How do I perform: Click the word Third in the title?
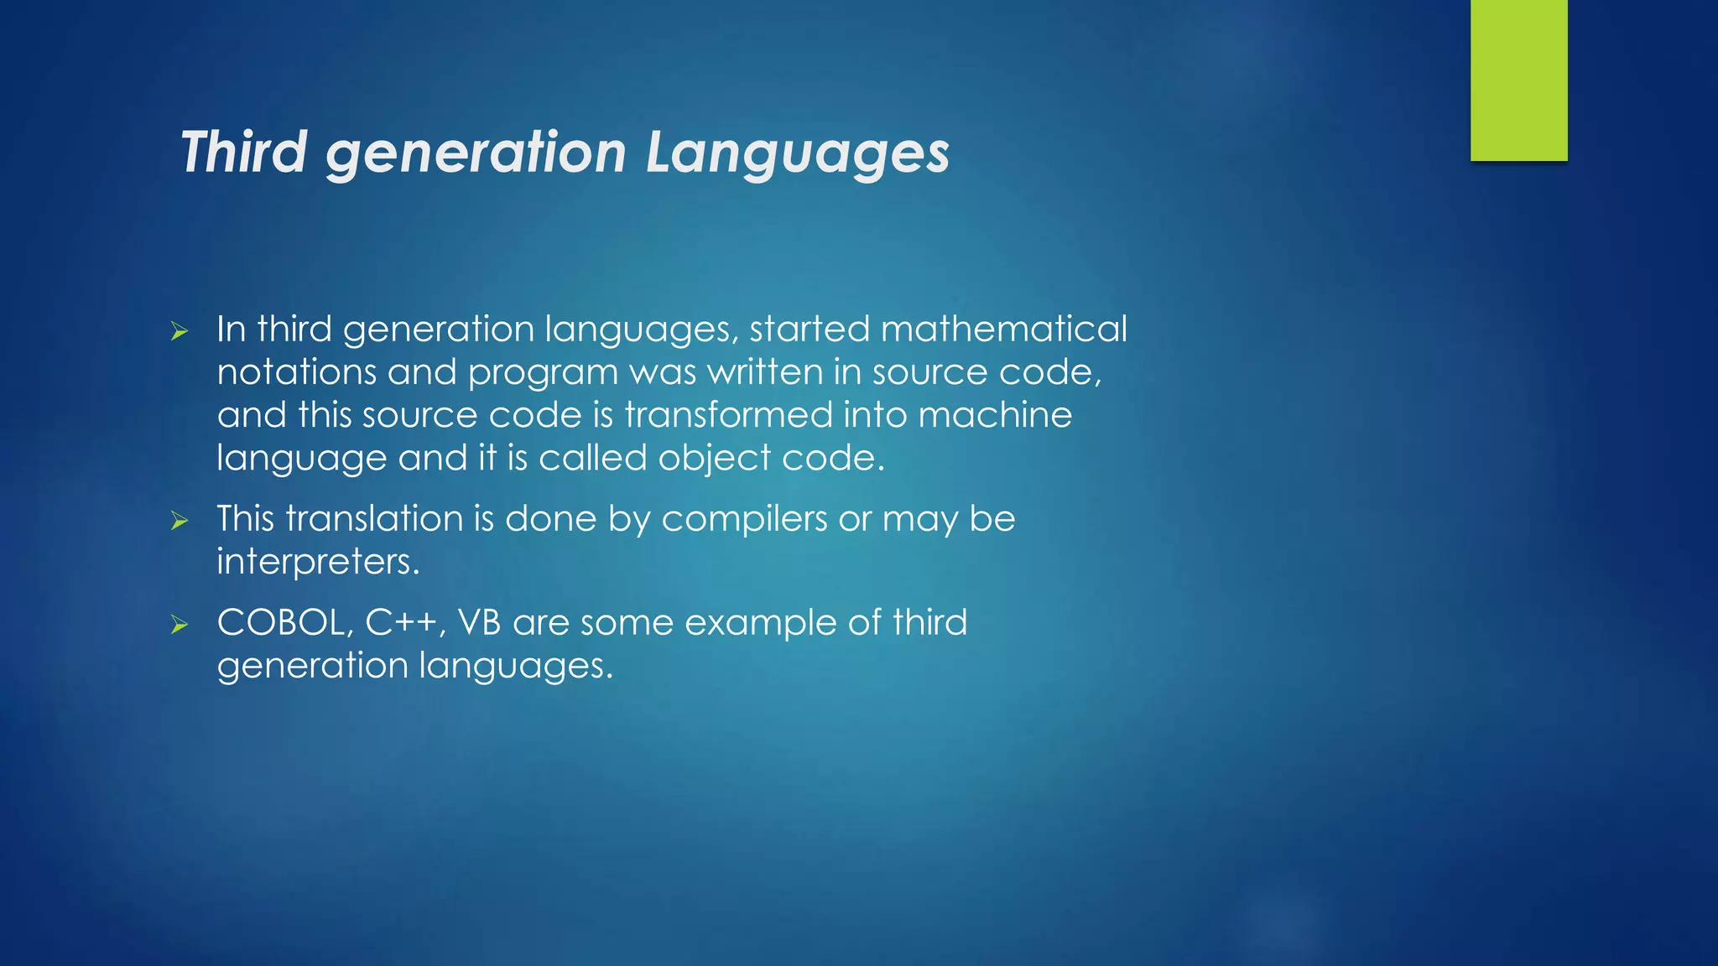[244, 153]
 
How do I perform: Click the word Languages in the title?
[797, 153]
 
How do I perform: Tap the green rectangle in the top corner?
[1518, 80]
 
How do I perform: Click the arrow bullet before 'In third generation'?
[180, 331]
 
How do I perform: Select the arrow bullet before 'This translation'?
[180, 521]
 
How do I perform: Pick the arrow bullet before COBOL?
[180, 625]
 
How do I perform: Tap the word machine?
[995, 415]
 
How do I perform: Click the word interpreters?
[318, 562]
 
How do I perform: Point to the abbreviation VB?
[479, 622]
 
